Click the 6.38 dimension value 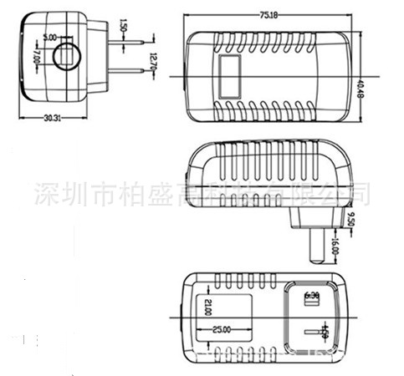point(315,294)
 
